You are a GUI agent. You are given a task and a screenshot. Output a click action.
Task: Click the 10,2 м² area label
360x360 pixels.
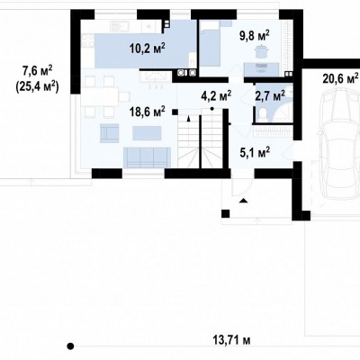pyautogui.click(x=148, y=48)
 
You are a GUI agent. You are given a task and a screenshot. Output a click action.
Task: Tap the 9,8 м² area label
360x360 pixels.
pyautogui.click(x=254, y=35)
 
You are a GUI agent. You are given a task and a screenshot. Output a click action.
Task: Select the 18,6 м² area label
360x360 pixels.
pyautogui.click(x=148, y=112)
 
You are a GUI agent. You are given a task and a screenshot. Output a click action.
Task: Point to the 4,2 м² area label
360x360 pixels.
pyautogui.click(x=216, y=96)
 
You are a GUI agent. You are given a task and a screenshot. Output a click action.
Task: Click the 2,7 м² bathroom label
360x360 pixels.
pyautogui.click(x=270, y=96)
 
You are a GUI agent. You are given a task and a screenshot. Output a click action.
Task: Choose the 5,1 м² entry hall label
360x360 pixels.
pyautogui.click(x=255, y=152)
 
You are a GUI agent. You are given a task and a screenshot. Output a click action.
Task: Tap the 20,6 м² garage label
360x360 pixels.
pyautogui.click(x=341, y=78)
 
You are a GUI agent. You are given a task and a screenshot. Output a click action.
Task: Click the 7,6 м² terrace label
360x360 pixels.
pyautogui.click(x=38, y=71)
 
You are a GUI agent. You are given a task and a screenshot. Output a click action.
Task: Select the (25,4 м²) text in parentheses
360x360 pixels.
pyautogui.click(x=37, y=87)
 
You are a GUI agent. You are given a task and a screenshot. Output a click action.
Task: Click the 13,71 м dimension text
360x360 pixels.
pyautogui.click(x=231, y=340)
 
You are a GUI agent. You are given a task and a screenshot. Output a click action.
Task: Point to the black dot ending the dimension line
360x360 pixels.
pyautogui.click(x=70, y=346)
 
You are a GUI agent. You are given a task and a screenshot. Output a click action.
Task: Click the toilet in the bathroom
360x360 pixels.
pyautogui.click(x=263, y=114)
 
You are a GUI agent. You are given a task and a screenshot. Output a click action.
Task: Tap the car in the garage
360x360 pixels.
pyautogui.click(x=339, y=147)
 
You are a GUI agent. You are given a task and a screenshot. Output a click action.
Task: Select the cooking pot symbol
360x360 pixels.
pyautogui.click(x=260, y=51)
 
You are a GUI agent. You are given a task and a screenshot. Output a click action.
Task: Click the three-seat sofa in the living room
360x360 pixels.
pyautogui.click(x=147, y=157)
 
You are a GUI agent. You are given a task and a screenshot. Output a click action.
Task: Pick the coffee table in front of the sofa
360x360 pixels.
pyautogui.click(x=147, y=133)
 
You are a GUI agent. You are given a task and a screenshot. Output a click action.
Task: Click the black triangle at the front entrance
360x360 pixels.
pyautogui.click(x=244, y=201)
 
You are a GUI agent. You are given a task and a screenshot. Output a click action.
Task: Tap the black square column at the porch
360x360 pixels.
pyautogui.click(x=225, y=213)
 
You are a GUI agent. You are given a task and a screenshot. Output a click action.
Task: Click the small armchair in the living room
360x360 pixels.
pyautogui.click(x=110, y=133)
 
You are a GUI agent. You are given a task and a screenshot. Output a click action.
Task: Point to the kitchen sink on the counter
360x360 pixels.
pyautogui.click(x=120, y=25)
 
